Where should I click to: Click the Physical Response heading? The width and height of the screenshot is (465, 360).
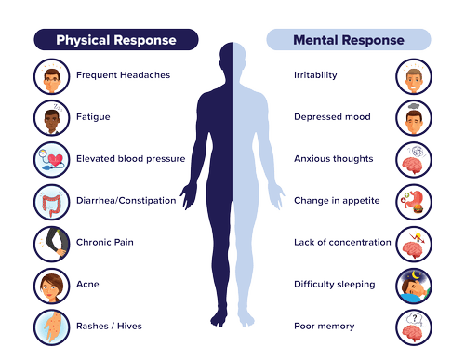pos(115,40)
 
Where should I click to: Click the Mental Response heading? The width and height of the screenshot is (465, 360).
pos(348,40)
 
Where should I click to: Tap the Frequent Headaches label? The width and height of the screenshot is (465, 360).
pos(110,75)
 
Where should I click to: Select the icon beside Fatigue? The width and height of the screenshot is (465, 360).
pos(48,116)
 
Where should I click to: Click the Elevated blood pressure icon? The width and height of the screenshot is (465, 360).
pos(48,158)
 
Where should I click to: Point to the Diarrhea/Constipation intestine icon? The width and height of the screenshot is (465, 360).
pos(48,200)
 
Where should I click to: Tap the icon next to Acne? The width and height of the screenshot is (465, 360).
pos(48,284)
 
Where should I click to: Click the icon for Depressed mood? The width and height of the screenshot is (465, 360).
pos(414,116)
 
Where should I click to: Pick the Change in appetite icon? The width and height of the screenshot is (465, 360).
pos(414,200)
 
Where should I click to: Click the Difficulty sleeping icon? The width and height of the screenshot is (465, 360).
pos(414,284)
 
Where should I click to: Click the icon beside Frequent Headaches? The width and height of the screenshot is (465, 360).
pos(48,75)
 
